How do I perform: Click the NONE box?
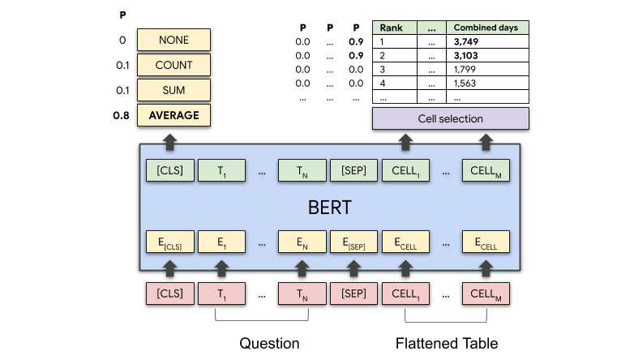click(x=173, y=40)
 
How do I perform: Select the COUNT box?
click(x=173, y=65)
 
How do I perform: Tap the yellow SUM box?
click(x=173, y=90)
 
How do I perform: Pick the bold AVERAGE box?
click(x=173, y=115)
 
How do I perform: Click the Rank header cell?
click(x=394, y=28)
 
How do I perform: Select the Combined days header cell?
click(x=486, y=28)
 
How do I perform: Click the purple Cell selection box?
click(x=450, y=118)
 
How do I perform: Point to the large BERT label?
click(x=329, y=207)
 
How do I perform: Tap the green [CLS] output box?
click(x=170, y=170)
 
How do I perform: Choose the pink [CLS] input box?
click(x=170, y=294)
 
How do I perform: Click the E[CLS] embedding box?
click(x=170, y=242)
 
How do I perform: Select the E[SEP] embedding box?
click(x=353, y=242)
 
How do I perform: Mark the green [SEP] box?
click(x=353, y=170)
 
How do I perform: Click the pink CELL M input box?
click(x=486, y=294)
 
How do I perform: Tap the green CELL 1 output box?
click(x=405, y=170)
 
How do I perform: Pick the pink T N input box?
click(x=302, y=294)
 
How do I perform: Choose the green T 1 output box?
click(x=222, y=170)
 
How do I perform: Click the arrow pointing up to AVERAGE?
click(x=170, y=141)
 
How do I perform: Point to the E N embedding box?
click(x=302, y=242)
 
